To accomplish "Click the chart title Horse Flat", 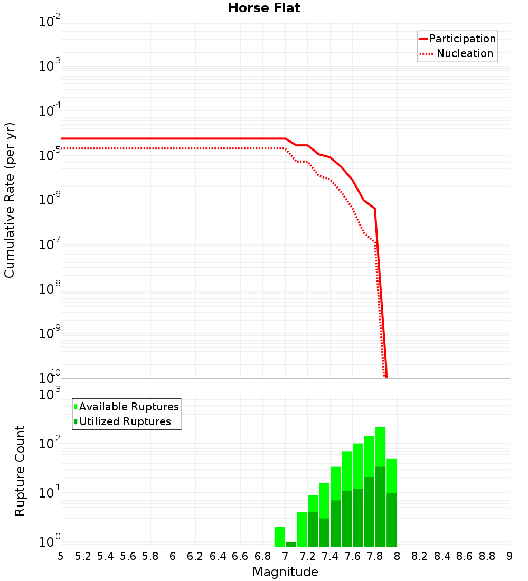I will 264,8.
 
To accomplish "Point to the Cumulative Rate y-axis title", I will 10,200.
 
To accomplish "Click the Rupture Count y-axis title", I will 20,470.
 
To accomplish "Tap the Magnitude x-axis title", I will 285,572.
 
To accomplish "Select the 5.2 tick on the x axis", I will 83,556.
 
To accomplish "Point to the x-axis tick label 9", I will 510,556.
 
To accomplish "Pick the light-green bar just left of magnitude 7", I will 279,537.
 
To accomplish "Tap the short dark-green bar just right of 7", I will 290,544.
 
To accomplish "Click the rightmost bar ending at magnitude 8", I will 391,502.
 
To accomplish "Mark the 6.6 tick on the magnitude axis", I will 240,556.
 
